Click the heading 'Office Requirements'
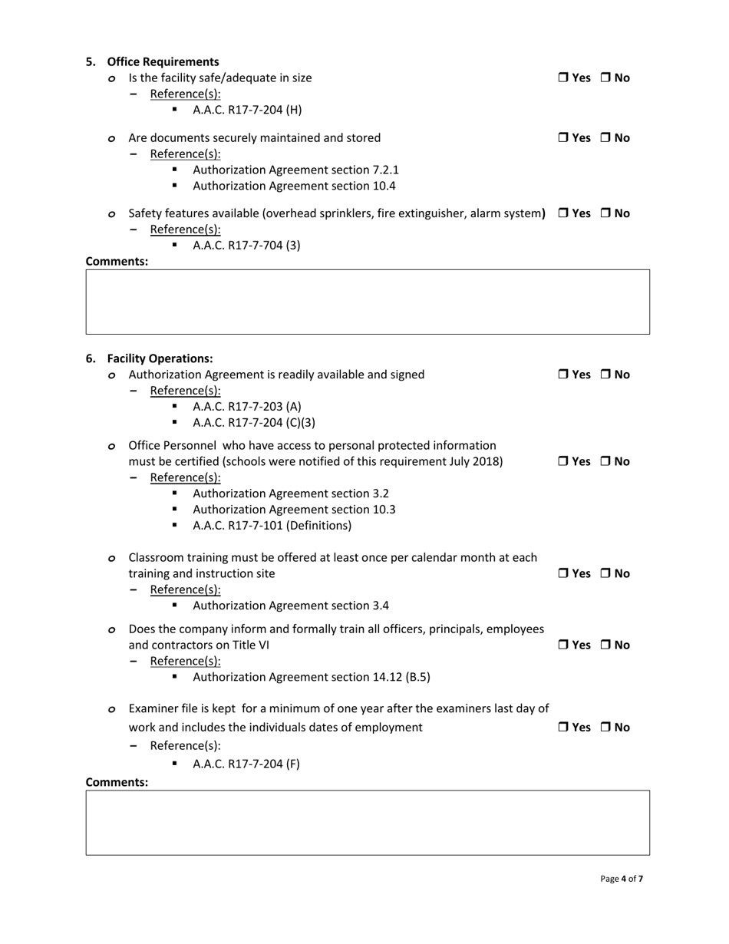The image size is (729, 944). pos(163,61)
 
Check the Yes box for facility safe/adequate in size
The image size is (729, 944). pos(562,78)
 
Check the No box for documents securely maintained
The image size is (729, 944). pos(605,138)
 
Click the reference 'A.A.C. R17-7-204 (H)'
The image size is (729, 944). pos(247,110)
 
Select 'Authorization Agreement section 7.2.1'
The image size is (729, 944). pos(295,170)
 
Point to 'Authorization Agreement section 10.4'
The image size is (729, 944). pos(294,186)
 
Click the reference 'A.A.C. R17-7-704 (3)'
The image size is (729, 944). pos(246,246)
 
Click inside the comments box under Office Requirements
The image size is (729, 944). pos(368,302)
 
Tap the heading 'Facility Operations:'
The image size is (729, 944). pos(160,358)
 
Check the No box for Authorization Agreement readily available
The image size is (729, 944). pos(605,375)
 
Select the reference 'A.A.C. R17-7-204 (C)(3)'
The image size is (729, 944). pos(254,422)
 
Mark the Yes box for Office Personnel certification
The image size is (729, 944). pos(562,461)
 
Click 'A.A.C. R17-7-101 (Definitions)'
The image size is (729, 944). pos(272,526)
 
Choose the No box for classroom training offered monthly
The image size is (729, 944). pos(605,573)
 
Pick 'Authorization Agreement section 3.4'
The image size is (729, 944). pos(291,606)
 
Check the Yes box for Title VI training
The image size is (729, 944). pos(562,645)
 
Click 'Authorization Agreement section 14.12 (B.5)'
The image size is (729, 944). pos(311,677)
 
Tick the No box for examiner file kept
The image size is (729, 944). pos(605,727)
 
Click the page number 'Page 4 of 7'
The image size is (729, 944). pos(622,879)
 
